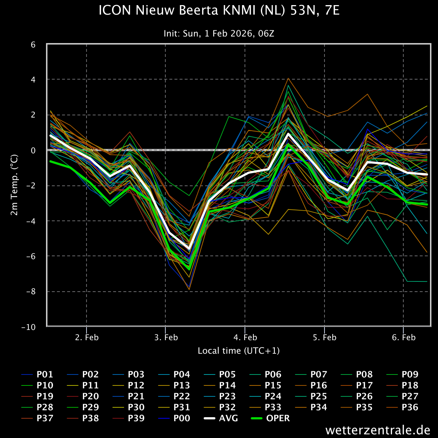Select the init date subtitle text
coord(219,34)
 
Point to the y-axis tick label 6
coord(33,45)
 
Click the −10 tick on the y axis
coord(28,327)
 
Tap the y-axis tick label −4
coord(31,221)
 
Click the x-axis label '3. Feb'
coord(166,337)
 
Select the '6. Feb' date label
coord(404,337)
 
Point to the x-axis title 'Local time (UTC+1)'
coord(239,351)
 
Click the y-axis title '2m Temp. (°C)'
coord(14,185)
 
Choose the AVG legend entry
coord(221,418)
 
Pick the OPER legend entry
coord(270,418)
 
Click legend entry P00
coord(174,418)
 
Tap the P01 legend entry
coord(37,374)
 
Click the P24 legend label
coord(265,396)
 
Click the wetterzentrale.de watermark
coord(378,430)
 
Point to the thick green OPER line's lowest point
coord(189,269)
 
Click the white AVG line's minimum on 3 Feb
coord(189,249)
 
